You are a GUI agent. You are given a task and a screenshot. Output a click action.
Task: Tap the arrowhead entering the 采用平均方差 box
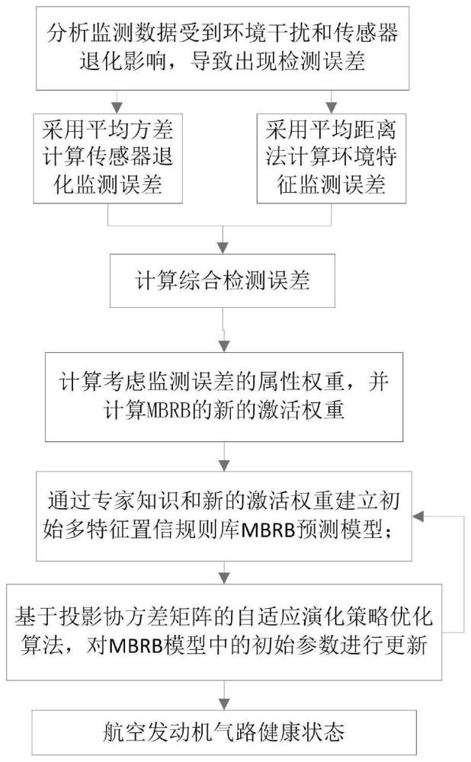pyautogui.click(x=114, y=105)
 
